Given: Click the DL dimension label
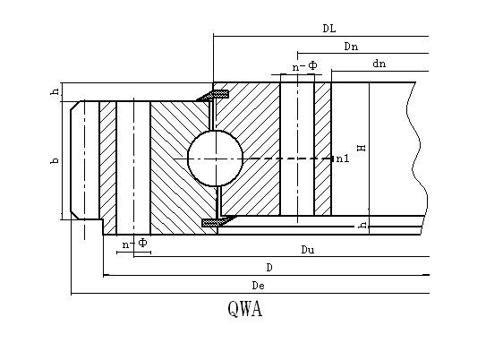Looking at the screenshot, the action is point(329,29).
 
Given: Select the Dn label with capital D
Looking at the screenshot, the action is point(351,47).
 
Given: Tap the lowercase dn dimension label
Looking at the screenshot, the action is point(379,64).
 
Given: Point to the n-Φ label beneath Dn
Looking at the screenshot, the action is point(304,66).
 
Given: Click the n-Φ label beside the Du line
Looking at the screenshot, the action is point(135,244).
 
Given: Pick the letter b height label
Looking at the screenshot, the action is point(55,160).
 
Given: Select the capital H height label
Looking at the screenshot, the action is point(362,148).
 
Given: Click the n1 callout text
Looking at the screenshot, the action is point(343,159).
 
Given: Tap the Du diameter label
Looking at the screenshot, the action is point(308,250).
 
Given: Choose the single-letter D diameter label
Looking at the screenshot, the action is point(269,267).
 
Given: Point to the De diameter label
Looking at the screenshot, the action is point(259,286).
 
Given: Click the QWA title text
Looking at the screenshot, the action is point(245,309).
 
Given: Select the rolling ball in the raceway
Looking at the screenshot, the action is point(215,159).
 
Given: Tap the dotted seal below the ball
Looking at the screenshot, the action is point(218,221).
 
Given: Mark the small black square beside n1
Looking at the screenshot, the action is point(332,159).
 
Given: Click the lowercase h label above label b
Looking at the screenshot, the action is point(55,91).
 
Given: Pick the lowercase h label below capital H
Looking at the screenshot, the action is point(362,225).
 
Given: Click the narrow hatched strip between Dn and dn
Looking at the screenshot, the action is point(323,149).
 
